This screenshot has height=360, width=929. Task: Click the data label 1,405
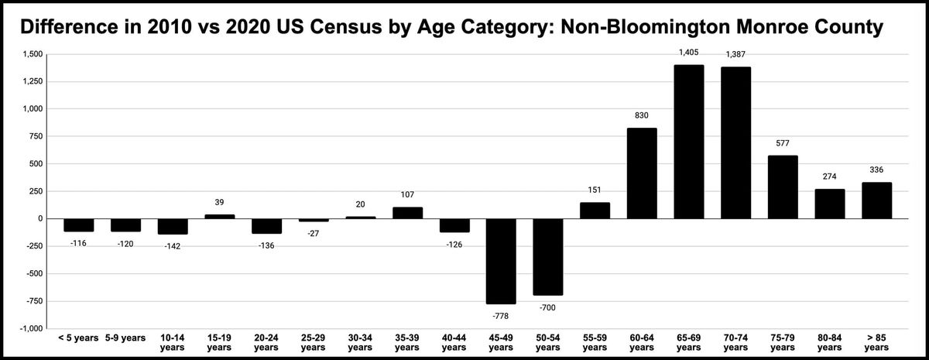click(x=688, y=53)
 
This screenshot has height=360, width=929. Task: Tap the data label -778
click(x=500, y=316)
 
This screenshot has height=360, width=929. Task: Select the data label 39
click(x=219, y=202)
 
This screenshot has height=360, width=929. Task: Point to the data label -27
click(x=313, y=233)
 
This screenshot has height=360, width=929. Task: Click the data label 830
click(x=642, y=115)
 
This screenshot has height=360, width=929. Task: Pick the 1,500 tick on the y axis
click(x=33, y=54)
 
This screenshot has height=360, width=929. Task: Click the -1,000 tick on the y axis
click(x=31, y=328)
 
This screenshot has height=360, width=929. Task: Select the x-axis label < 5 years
click(x=78, y=338)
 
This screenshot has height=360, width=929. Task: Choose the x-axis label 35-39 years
click(x=406, y=343)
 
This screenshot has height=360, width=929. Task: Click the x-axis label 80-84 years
click(x=829, y=343)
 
